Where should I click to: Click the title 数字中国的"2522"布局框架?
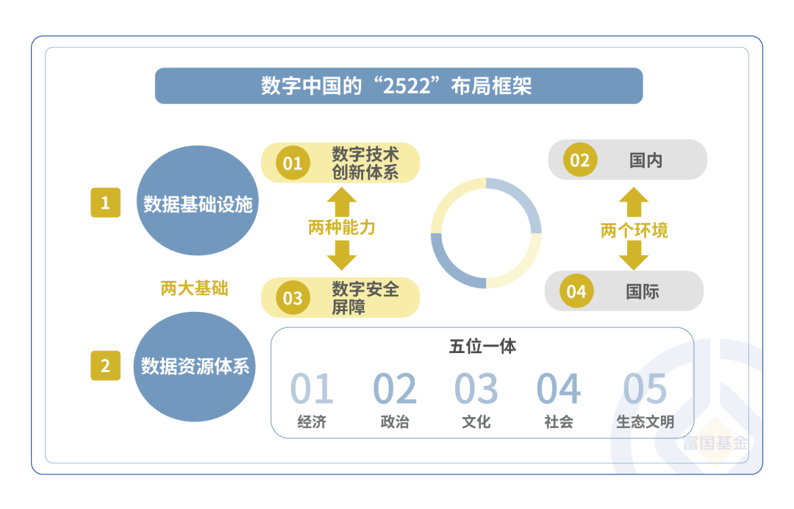point(397,86)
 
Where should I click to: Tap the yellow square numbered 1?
point(106,202)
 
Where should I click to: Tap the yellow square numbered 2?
point(106,366)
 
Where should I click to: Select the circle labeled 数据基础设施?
point(197,202)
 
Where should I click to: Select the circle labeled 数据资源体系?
point(196,366)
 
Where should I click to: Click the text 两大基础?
point(194,288)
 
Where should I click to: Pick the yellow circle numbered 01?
point(293,163)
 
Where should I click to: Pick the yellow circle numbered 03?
point(293,297)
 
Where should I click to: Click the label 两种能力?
point(341,227)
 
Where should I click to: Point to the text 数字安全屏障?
point(365,298)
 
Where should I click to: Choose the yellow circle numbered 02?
point(580,160)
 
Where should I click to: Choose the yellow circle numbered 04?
point(576,291)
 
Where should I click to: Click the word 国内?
point(646,160)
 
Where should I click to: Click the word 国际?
point(643,291)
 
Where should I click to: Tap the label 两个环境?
point(634,230)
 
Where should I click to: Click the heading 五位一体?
point(482,346)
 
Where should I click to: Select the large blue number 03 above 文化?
point(476,389)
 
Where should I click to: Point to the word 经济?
point(312,422)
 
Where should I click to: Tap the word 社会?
point(559,422)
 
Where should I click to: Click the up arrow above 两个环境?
point(634,201)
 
